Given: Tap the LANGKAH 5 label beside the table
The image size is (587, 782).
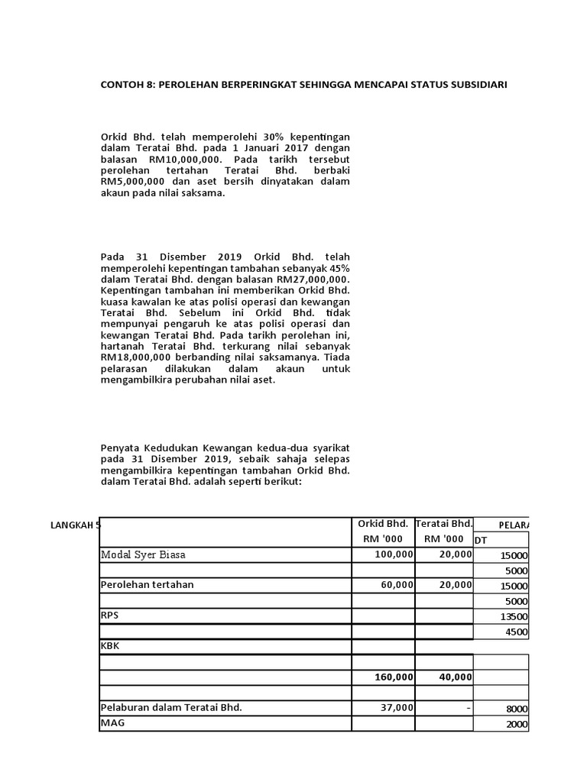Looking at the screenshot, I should tap(75, 525).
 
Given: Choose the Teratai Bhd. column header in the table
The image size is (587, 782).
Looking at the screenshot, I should tap(444, 524).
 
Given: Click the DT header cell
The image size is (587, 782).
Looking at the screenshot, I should tap(481, 540).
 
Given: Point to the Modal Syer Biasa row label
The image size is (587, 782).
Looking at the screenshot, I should tap(143, 555).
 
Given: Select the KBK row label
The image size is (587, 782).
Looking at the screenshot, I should tap(109, 646).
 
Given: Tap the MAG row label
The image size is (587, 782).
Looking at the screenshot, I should tap(111, 722).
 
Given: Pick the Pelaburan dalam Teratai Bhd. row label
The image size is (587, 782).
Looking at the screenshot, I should tap(171, 707).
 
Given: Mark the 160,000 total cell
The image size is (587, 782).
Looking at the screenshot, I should tap(394, 677).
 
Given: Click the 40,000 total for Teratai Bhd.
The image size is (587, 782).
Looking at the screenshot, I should tap(456, 677).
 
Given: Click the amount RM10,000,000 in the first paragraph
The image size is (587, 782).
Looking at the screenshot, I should tap(185, 159).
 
